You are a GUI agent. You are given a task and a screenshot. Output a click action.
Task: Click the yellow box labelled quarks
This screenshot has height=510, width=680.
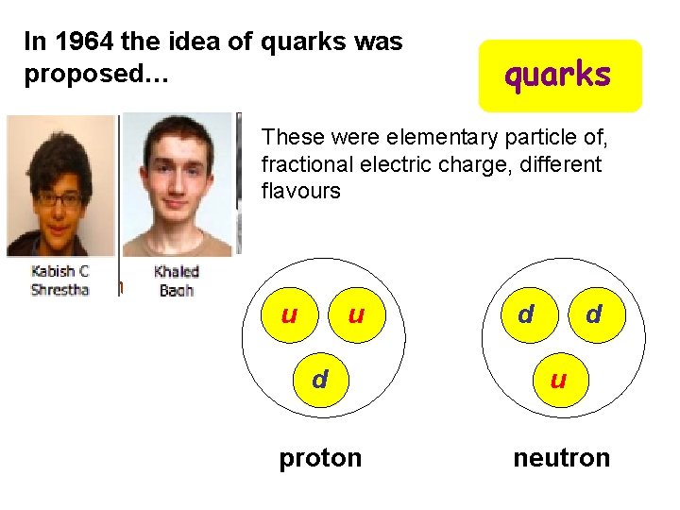click(x=559, y=76)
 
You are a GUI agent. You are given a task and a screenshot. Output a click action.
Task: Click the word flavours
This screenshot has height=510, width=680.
click(x=300, y=190)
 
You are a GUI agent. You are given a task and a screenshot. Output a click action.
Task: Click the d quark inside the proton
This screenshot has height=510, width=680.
click(x=320, y=380)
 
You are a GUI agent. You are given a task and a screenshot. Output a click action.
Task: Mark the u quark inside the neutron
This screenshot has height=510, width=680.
click(x=558, y=380)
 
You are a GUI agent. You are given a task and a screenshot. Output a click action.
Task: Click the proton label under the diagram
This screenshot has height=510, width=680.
click(x=320, y=458)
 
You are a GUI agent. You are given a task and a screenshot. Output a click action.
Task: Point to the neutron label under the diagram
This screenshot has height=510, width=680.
click(x=561, y=458)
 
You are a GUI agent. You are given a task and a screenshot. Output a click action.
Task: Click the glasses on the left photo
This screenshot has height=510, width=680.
click(x=59, y=199)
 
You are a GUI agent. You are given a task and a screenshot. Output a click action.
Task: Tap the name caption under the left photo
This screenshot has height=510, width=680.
click(x=59, y=280)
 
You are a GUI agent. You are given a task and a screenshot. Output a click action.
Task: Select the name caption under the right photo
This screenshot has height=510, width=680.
click(x=177, y=280)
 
